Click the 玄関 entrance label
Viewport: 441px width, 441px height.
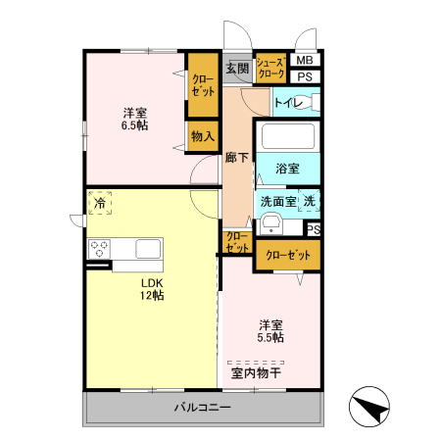click(237, 69)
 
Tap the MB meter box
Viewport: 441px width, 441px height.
click(305, 61)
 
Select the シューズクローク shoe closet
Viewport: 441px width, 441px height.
click(270, 69)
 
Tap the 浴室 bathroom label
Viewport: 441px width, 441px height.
click(287, 168)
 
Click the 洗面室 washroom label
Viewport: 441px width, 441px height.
click(277, 201)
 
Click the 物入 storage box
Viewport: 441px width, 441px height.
click(203, 136)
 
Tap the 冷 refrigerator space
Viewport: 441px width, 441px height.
click(100, 203)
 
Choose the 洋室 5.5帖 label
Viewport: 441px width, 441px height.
click(271, 331)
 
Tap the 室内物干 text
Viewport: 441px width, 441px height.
click(256, 372)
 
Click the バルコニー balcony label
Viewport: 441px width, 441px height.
click(203, 408)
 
